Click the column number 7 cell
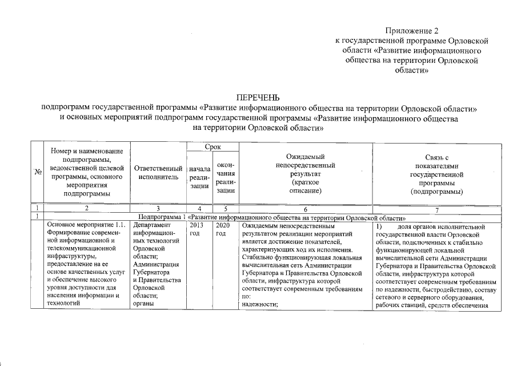point(437,210)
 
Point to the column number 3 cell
point(158,210)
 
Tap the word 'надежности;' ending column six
point(259,305)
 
